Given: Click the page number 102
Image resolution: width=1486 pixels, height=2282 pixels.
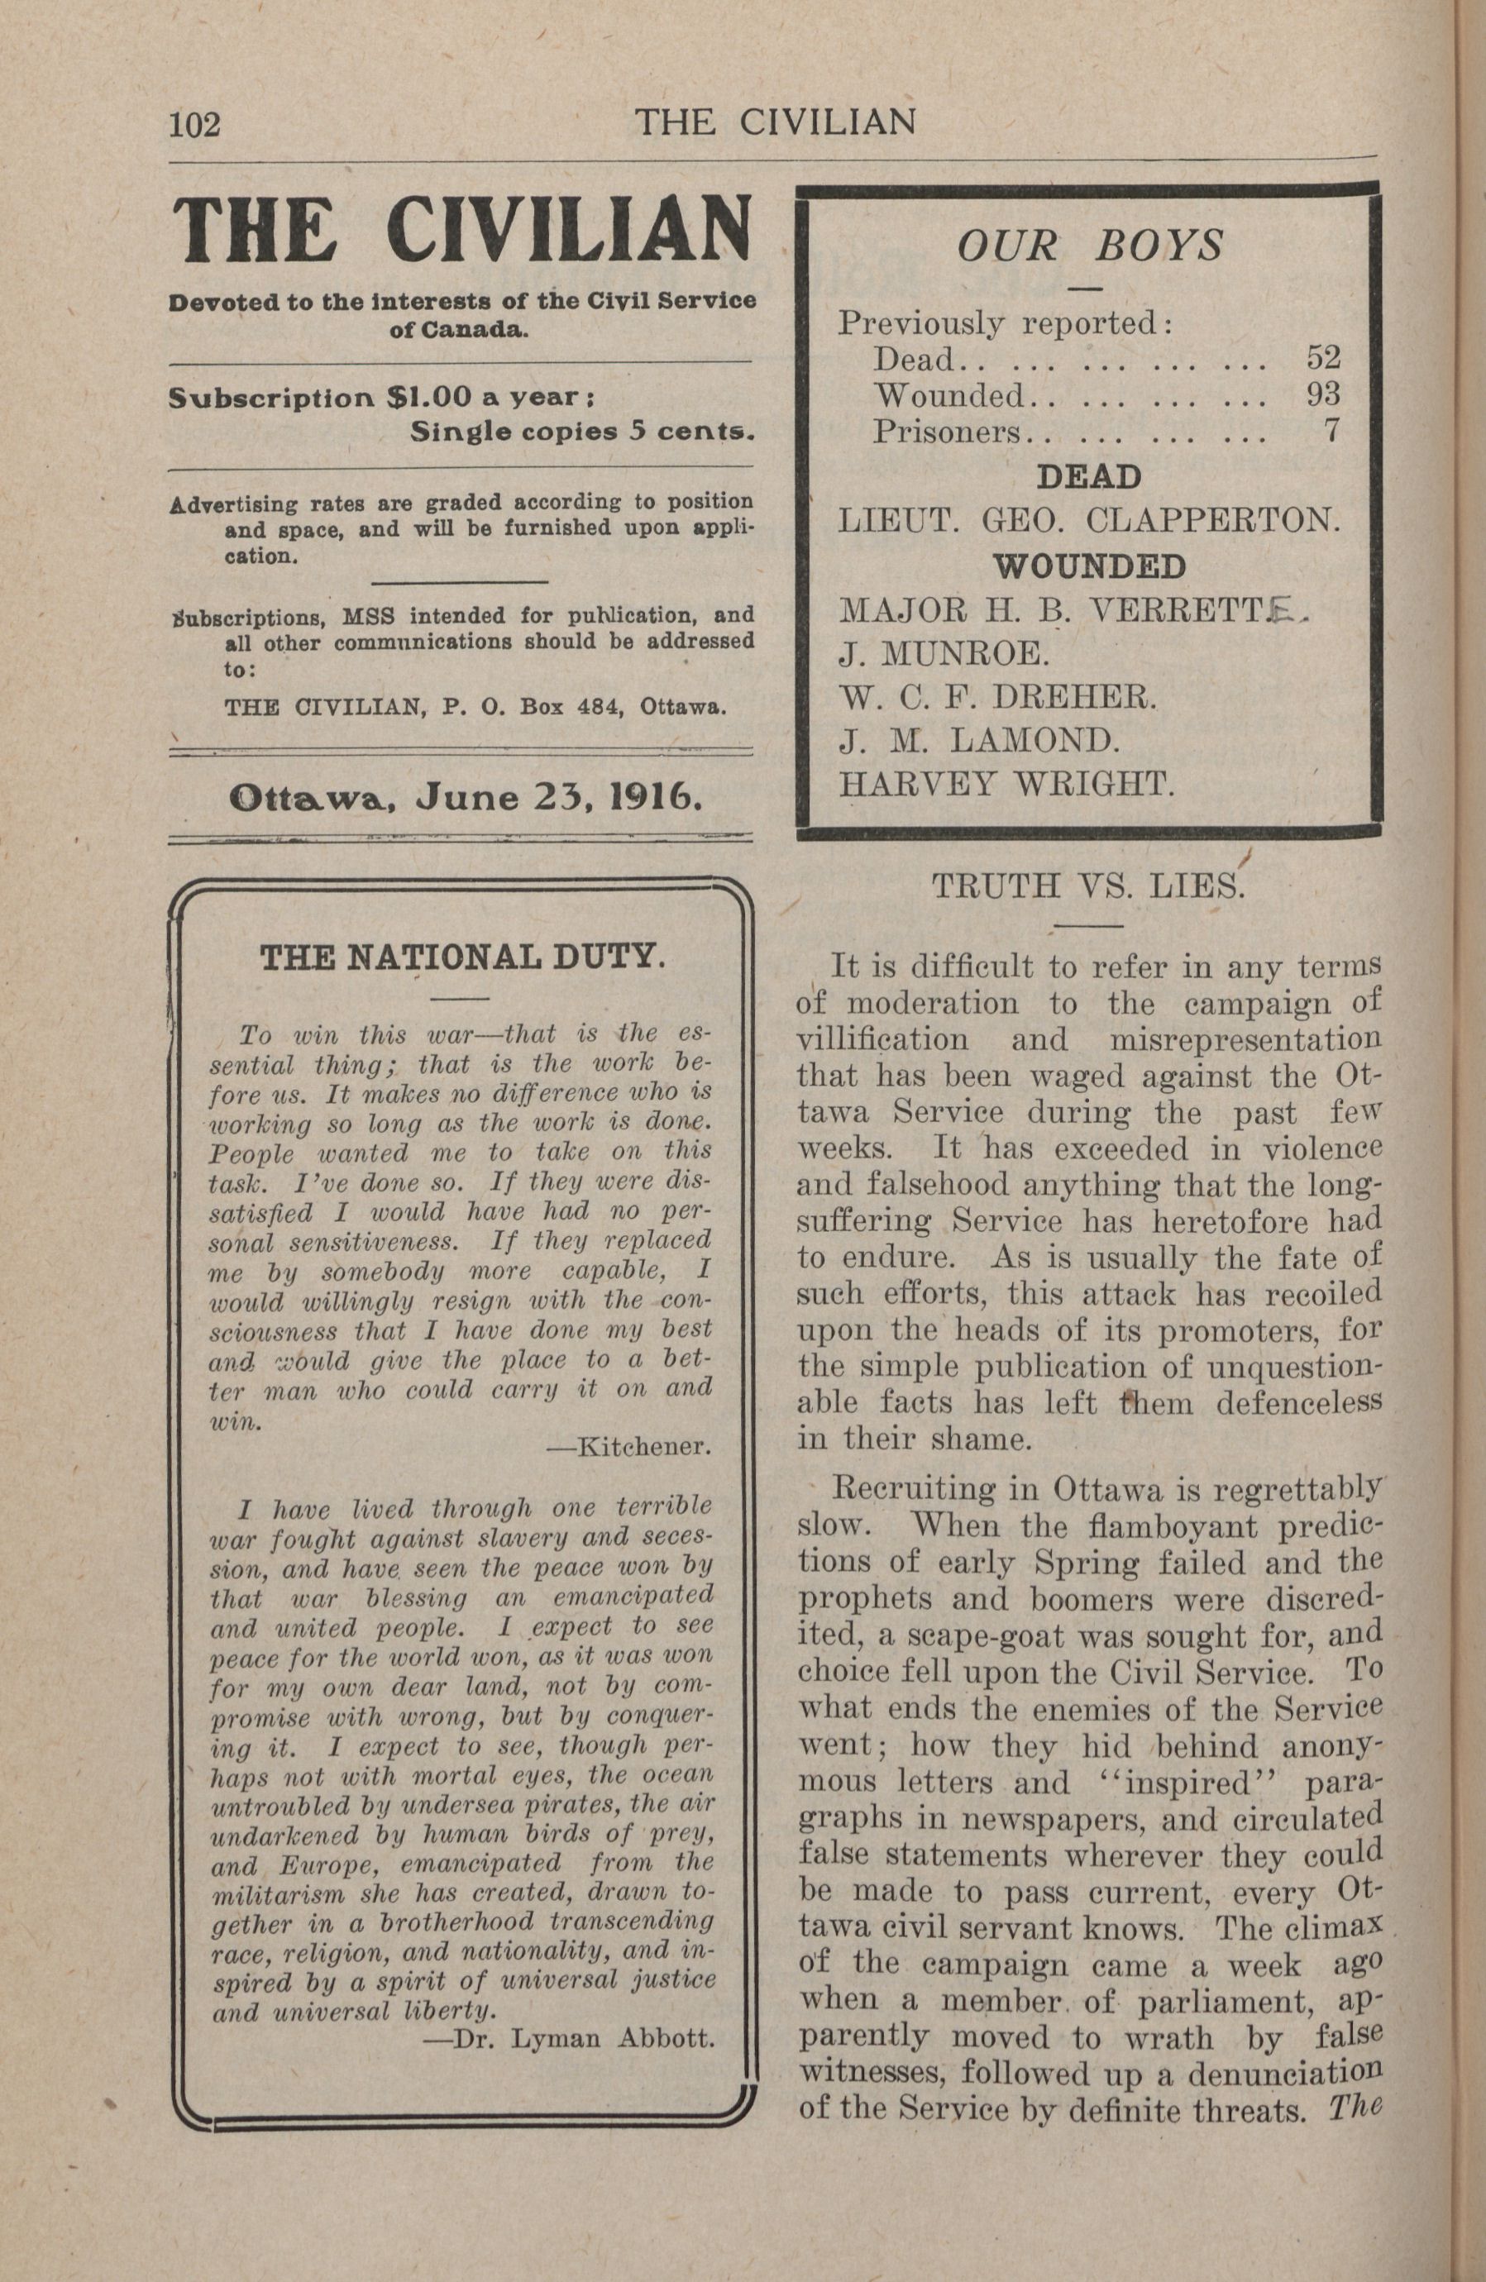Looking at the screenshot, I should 194,125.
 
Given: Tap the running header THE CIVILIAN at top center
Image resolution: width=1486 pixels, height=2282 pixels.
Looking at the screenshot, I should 776,122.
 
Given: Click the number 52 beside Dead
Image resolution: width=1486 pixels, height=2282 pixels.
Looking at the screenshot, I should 1323,358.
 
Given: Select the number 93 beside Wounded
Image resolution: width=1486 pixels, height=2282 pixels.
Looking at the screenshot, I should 1323,394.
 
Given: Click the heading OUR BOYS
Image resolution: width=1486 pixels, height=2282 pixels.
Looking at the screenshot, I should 1090,246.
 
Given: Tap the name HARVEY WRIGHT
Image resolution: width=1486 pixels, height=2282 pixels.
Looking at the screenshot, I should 1006,785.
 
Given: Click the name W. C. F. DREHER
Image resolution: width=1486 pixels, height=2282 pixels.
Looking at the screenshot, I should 998,696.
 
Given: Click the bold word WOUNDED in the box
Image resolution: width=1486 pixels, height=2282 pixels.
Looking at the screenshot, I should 1089,566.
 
